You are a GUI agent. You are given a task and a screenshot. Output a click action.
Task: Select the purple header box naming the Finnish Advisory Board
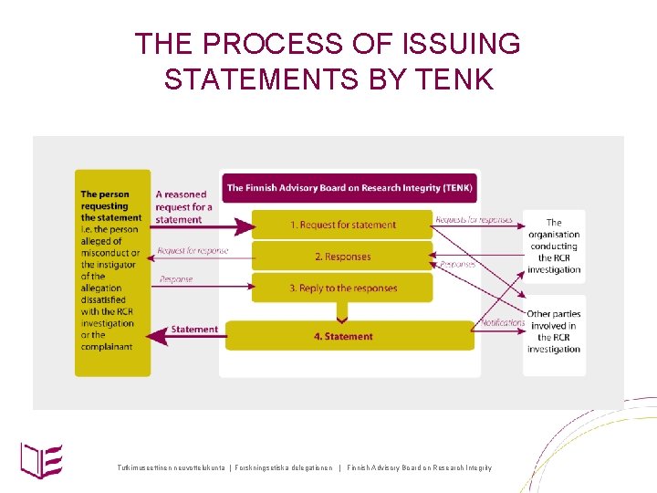(349, 188)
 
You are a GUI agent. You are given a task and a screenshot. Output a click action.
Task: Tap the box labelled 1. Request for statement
(342, 225)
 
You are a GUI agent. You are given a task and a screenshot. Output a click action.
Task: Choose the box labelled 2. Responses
(342, 257)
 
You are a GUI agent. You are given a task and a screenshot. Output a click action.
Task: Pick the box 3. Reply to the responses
(342, 288)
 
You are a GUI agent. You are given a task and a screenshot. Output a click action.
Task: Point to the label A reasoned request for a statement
(182, 206)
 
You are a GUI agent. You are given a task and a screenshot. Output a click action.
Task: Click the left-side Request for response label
(193, 251)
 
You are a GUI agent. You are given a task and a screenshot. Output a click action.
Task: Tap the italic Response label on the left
(176, 279)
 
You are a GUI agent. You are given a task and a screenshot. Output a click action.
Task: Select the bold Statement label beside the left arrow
(193, 330)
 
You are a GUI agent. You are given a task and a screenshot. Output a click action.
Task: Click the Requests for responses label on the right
(474, 220)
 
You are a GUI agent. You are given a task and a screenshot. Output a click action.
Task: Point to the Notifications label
(502, 322)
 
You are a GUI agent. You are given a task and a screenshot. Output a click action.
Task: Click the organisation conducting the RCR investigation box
(554, 246)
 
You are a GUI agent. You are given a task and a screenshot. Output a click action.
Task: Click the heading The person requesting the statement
(111, 205)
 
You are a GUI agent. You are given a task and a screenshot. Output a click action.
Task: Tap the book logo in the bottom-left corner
(42, 458)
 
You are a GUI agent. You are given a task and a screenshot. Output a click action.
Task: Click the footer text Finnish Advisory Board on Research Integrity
(419, 468)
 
